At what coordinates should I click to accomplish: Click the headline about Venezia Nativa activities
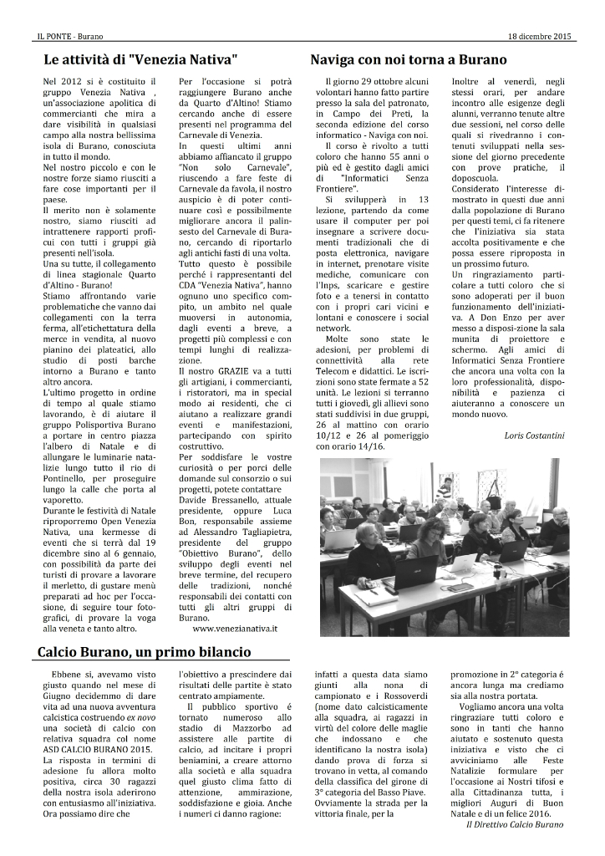tap(141, 60)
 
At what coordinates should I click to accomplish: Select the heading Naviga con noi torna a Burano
tap(409, 60)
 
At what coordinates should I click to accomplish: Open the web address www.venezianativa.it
tap(234, 626)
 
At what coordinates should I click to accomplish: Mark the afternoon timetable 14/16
tap(366, 447)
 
